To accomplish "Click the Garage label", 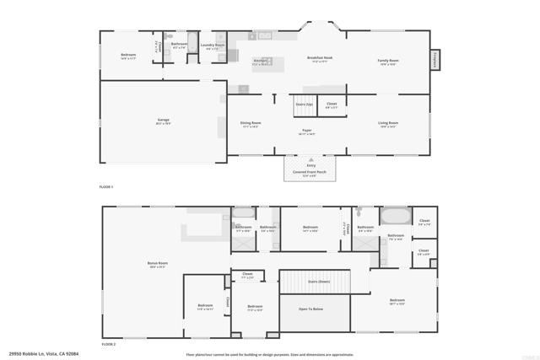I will click(x=163, y=121).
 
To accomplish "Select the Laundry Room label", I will click(x=213, y=46).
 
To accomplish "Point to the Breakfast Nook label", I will click(x=319, y=58).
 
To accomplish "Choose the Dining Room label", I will click(x=251, y=123).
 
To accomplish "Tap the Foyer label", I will click(x=308, y=131).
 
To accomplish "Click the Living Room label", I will click(x=388, y=123).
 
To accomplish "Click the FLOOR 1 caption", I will click(x=106, y=185).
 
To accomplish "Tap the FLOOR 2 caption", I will click(x=109, y=344).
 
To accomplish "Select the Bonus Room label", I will click(x=158, y=264).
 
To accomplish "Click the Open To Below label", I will click(x=311, y=309).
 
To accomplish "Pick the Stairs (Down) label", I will click(x=318, y=282).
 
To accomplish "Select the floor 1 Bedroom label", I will click(x=128, y=56).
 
